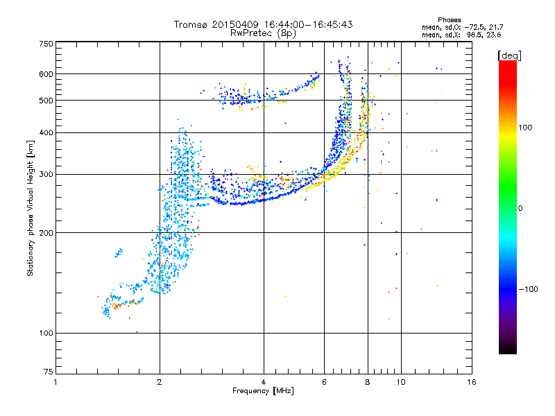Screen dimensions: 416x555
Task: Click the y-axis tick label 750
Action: (46, 44)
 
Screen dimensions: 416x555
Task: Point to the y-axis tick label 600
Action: (46, 74)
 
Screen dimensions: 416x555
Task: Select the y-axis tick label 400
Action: (46, 132)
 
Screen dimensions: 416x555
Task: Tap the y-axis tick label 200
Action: (46, 233)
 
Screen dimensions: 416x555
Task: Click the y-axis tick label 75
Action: (48, 372)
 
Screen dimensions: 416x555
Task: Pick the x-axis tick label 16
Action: (471, 382)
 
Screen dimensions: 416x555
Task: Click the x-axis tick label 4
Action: (264, 382)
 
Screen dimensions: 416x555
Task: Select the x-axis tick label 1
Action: (55, 382)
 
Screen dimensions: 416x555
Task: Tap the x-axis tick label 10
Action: (400, 382)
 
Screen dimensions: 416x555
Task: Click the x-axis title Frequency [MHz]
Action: (263, 391)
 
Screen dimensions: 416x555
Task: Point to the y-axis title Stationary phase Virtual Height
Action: (31, 208)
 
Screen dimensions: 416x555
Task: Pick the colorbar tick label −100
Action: (529, 289)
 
